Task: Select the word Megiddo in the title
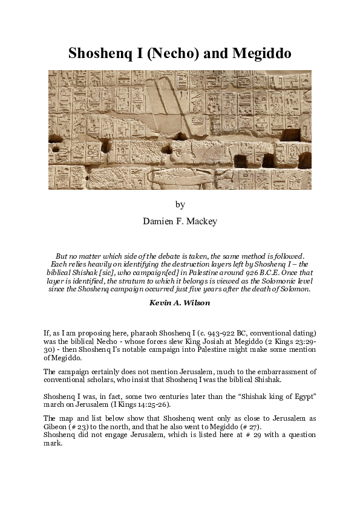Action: click(263, 53)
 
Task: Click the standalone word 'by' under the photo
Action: click(180, 204)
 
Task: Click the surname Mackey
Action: click(201, 221)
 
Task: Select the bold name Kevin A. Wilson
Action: click(180, 302)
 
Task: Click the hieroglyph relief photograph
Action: click(180, 129)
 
